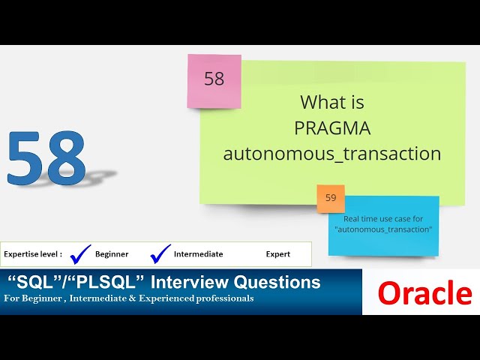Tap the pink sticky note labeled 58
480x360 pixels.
click(214, 79)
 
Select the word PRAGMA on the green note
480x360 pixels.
click(332, 128)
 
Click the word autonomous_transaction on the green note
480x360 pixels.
click(332, 154)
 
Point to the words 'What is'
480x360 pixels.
click(332, 102)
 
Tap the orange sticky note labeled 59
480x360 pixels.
click(331, 199)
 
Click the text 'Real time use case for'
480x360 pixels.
click(383, 218)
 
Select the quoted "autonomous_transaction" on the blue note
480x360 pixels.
click(383, 229)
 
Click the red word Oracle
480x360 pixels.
click(424, 293)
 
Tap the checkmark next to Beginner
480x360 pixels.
click(80, 254)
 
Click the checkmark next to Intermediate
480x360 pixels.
click(160, 254)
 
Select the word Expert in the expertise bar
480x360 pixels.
click(277, 254)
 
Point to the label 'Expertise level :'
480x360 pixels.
click(32, 254)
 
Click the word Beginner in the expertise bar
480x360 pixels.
click(112, 254)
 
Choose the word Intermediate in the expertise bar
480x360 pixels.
click(198, 254)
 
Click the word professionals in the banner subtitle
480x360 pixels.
click(223, 298)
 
